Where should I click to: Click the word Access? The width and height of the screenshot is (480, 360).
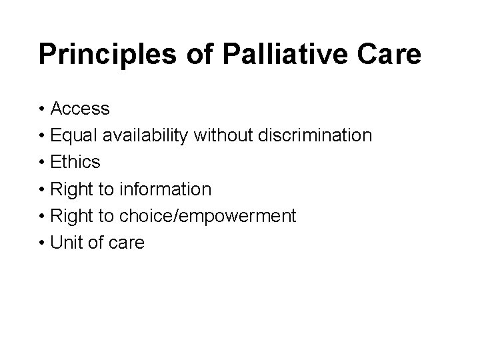tap(80, 108)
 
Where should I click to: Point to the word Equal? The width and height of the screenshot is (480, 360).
tap(74, 135)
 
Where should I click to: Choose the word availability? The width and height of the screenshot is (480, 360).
tap(145, 135)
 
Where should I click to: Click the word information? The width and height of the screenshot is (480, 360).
tap(166, 189)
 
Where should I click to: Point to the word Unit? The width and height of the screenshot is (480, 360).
tap(67, 243)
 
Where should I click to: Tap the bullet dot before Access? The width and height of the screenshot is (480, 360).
tap(42, 109)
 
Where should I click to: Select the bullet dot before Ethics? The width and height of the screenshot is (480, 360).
tap(42, 163)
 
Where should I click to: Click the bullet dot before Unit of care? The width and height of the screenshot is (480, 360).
tap(42, 243)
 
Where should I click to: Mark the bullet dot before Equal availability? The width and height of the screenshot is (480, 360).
tap(42, 136)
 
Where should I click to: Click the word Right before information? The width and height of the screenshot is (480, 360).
tap(73, 189)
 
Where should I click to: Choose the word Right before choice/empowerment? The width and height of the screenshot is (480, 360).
tap(73, 216)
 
